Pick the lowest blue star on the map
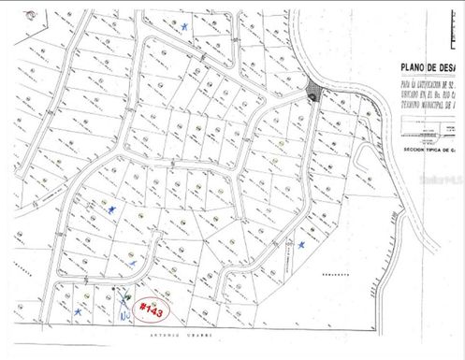[x=78, y=310]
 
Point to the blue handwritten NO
[x=125, y=316]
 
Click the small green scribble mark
[x=126, y=298]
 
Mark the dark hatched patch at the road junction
[x=312, y=93]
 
